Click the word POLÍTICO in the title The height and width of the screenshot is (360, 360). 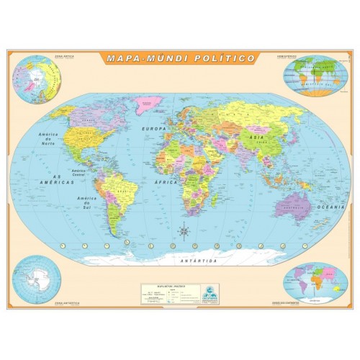[x=227, y=58]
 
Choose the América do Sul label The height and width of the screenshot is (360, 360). [x=87, y=201]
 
